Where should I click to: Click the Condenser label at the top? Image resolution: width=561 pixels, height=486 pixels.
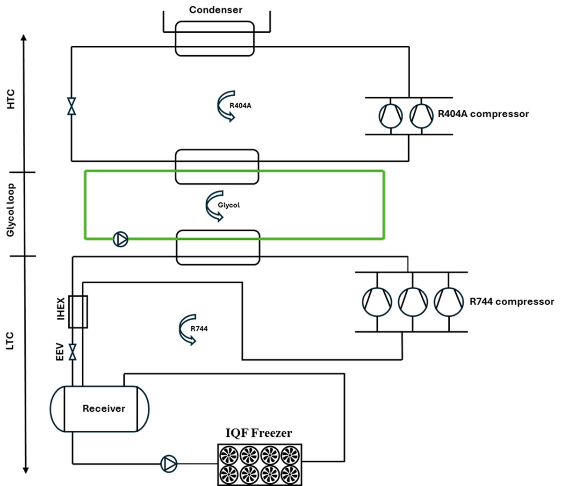point(216,10)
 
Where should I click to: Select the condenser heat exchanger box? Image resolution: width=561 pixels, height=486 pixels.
point(215,39)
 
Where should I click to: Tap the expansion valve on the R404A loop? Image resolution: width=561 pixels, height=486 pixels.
point(72,106)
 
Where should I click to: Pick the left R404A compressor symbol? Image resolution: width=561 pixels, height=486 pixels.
point(390,115)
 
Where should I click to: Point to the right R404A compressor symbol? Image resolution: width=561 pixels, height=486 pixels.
point(422,115)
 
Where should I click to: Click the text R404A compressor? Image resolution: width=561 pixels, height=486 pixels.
point(483,114)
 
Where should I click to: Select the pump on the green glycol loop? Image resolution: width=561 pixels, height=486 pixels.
point(121,239)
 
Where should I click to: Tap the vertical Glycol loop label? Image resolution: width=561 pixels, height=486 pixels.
point(11,210)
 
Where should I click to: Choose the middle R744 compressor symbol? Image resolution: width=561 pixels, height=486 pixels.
point(413,301)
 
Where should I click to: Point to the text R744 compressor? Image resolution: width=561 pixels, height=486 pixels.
point(511,302)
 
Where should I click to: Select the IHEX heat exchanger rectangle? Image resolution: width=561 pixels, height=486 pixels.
point(78,311)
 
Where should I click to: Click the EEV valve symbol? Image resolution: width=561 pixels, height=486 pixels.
point(72,352)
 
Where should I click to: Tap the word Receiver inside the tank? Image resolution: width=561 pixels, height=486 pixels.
point(104,408)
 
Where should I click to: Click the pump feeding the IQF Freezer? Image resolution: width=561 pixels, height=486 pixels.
point(169,464)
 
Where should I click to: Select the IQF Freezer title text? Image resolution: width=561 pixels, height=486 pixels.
point(259,433)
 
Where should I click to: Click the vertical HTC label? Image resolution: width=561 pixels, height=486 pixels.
point(11,99)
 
